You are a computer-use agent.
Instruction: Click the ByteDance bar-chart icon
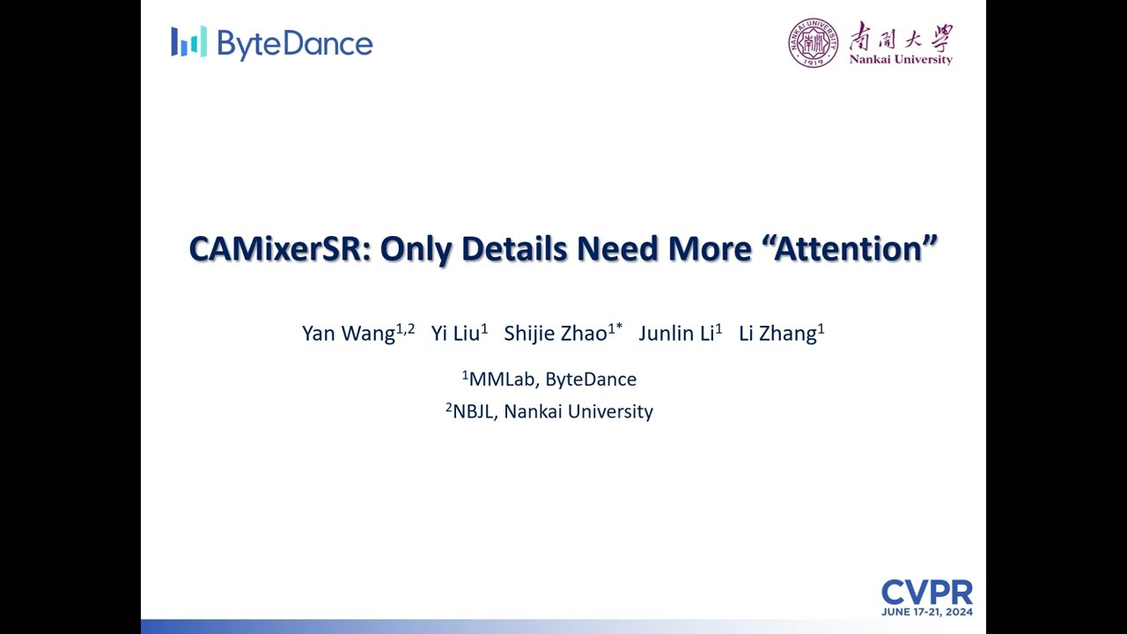pyautogui.click(x=188, y=41)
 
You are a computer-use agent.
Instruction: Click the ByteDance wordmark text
pyautogui.click(x=294, y=44)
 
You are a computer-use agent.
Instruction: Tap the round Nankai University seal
pyautogui.click(x=813, y=43)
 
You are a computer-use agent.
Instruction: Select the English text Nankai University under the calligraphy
pyautogui.click(x=901, y=60)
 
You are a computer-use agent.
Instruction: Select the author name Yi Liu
pyautogui.click(x=455, y=334)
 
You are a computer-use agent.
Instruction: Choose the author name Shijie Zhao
pyautogui.click(x=556, y=334)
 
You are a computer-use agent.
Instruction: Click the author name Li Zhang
pyautogui.click(x=777, y=334)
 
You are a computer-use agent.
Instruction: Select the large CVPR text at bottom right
pyautogui.click(x=926, y=593)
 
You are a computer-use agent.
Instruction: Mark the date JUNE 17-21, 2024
pyautogui.click(x=926, y=612)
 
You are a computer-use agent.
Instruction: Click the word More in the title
pyautogui.click(x=709, y=249)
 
